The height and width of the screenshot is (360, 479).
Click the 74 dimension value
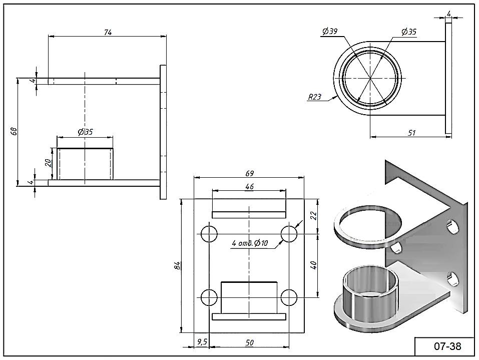click(108, 32)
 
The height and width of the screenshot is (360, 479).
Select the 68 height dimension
click(14, 131)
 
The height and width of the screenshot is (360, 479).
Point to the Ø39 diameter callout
click(330, 32)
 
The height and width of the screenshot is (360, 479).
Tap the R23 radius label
click(314, 97)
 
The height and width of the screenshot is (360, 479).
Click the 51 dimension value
click(412, 133)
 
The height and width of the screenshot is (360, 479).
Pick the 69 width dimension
click(249, 173)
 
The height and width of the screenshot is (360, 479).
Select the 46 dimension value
click(249, 186)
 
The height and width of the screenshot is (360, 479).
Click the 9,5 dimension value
click(202, 342)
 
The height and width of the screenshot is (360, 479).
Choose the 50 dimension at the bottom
click(249, 342)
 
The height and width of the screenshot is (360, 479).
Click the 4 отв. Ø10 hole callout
click(250, 243)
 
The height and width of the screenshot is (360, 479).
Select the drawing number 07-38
click(447, 346)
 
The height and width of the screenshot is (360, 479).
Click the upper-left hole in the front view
click(209, 234)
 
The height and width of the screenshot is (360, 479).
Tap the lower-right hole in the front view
click(289, 297)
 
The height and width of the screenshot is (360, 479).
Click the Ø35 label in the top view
click(409, 32)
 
